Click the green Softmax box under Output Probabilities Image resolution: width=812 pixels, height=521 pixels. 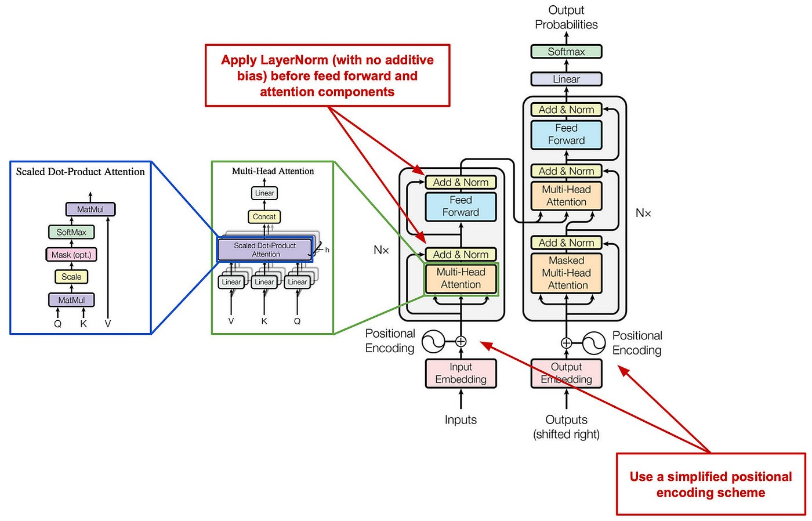[566, 52]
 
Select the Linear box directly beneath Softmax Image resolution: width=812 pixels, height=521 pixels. [566, 79]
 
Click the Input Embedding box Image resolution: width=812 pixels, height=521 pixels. [461, 373]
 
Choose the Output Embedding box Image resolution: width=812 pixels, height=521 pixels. [566, 373]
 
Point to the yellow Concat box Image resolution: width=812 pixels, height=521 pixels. [264, 216]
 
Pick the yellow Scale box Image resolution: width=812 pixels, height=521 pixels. [71, 277]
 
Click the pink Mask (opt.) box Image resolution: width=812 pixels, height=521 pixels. [71, 255]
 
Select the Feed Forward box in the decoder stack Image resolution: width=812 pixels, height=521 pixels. [566, 134]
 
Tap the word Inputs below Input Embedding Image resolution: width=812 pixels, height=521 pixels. [461, 419]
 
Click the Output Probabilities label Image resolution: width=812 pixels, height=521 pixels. [566, 17]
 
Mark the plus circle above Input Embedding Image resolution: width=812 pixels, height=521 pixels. [461, 341]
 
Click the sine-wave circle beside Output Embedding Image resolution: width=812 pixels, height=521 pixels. [594, 343]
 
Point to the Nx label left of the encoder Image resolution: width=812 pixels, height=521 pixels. [381, 250]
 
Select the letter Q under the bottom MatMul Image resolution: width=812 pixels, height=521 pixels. [57, 324]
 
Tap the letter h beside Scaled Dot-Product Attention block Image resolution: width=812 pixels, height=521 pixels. [327, 250]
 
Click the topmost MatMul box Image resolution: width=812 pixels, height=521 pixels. [90, 209]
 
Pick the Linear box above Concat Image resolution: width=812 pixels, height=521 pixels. [264, 193]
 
